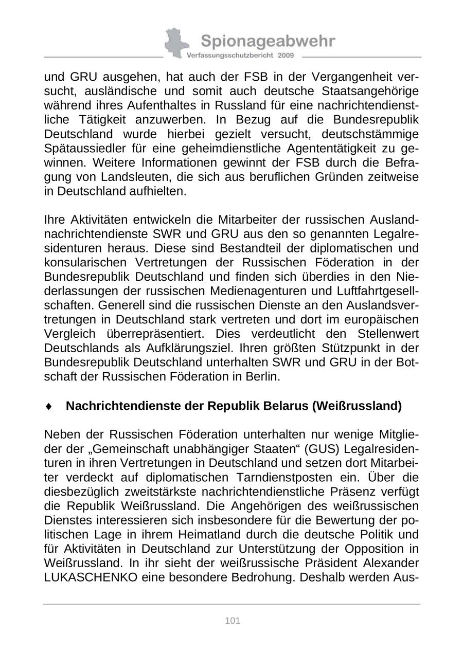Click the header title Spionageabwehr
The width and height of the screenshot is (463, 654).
point(268,41)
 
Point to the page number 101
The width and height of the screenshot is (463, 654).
point(233,621)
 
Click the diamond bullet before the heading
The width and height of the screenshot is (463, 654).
point(49,406)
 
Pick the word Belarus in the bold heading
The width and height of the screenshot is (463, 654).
point(281,406)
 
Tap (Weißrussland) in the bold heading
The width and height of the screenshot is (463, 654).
point(357,406)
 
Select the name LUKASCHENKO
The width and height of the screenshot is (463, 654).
point(91,577)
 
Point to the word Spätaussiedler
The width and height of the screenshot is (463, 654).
point(84,149)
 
